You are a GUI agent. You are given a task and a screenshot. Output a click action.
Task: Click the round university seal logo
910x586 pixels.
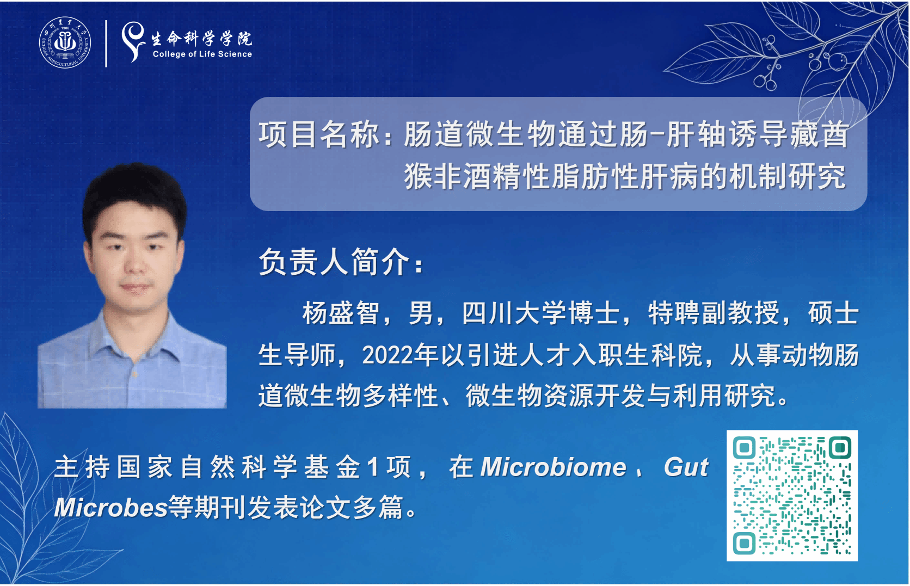click(65, 42)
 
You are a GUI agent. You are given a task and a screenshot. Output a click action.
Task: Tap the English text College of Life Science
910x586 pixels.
click(202, 54)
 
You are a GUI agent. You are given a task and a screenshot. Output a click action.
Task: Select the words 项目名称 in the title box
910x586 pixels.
click(319, 134)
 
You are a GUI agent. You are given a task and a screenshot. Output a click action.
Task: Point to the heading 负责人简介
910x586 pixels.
click(335, 262)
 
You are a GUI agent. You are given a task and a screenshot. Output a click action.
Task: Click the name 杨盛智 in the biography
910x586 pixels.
click(341, 313)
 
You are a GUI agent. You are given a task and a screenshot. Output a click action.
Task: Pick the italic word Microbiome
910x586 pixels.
click(554, 467)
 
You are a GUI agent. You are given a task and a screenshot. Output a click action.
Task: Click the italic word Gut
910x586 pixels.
click(686, 467)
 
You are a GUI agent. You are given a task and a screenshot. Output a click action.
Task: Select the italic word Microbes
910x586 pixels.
click(111, 507)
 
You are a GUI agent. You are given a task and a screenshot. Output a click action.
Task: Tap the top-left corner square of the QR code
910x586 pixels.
click(744, 447)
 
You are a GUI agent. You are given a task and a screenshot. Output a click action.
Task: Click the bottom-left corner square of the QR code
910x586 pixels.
click(744, 543)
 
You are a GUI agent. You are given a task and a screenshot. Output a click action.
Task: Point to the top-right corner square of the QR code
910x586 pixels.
click(840, 447)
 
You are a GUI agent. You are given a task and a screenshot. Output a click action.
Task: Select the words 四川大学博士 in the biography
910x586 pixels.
click(541, 313)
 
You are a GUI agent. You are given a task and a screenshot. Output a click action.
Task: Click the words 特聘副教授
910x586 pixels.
click(714, 313)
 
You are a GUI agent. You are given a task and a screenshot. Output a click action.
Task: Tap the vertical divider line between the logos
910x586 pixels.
click(106, 44)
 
